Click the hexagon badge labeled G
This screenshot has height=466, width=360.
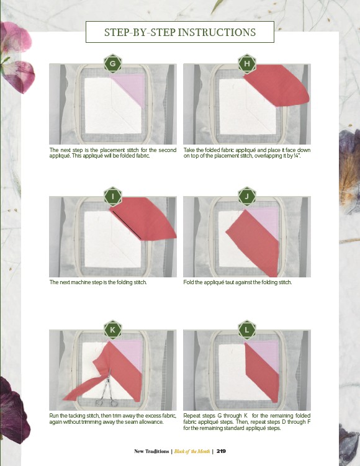(x=113, y=63)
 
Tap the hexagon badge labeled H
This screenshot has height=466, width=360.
(x=247, y=63)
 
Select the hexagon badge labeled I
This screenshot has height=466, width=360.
(x=113, y=196)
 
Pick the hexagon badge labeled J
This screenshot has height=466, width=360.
(x=247, y=196)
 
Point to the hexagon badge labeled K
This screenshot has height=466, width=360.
(x=113, y=329)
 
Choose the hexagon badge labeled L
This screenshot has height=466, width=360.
(x=247, y=329)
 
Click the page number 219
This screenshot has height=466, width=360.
(x=221, y=451)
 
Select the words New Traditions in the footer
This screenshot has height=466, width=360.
(x=151, y=451)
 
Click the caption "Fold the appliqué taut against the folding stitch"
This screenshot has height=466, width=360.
(x=238, y=282)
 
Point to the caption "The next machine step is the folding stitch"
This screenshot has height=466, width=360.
(x=98, y=282)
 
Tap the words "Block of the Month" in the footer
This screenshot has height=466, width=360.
(x=192, y=451)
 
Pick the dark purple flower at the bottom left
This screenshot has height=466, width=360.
(x=14, y=410)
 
